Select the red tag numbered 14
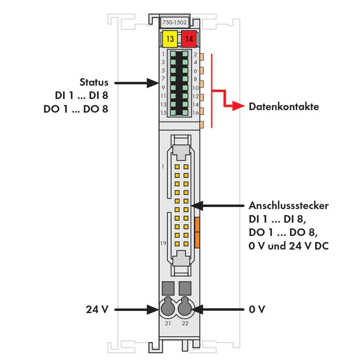[x=189, y=39]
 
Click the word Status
[x=94, y=82]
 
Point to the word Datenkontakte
[x=284, y=106]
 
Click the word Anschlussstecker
[x=288, y=205]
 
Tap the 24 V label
[x=97, y=309]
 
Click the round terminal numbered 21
[x=168, y=308]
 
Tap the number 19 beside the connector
[x=163, y=243]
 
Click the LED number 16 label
[x=196, y=113]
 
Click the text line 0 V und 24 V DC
[x=288, y=246]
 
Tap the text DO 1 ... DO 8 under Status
[x=75, y=109]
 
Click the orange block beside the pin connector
[x=198, y=232]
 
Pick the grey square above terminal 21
[x=168, y=288]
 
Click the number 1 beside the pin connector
[x=163, y=167]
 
